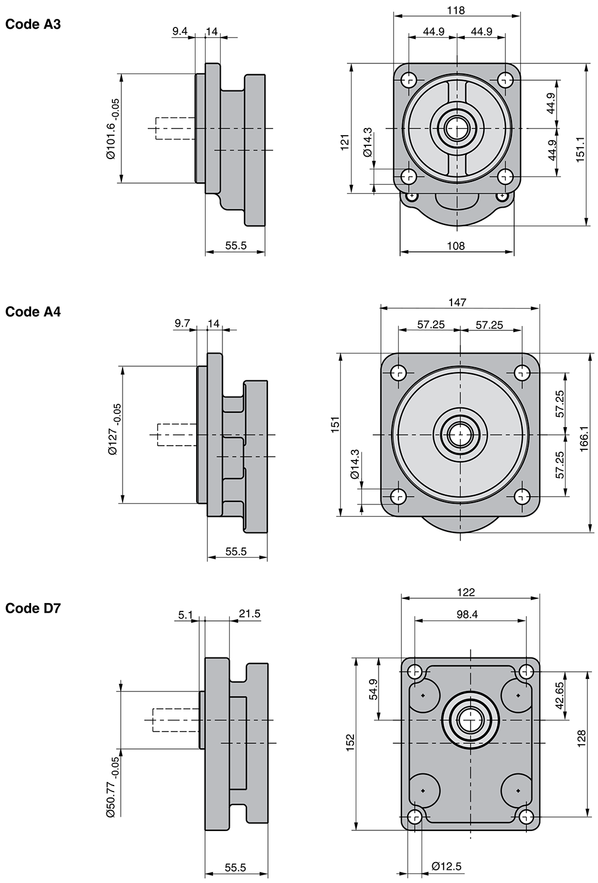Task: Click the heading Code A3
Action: (33, 25)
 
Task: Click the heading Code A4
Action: (33, 312)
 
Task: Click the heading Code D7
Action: (33, 608)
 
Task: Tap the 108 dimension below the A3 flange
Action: (456, 245)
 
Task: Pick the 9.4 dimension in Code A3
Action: (180, 31)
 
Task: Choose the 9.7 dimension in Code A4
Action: (182, 324)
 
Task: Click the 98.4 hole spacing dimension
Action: (466, 614)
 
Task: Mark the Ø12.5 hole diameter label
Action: (447, 866)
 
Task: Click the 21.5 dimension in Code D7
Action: (249, 614)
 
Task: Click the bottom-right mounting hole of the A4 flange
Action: (522, 496)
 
